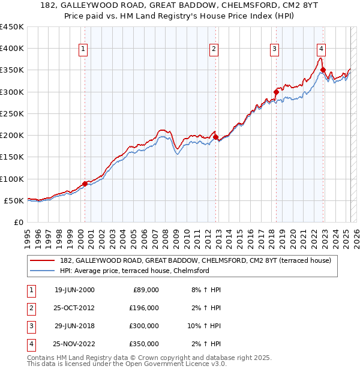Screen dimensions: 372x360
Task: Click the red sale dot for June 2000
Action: point(85,184)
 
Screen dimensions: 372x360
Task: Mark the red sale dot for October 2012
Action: point(216,137)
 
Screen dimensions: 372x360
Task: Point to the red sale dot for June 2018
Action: point(276,92)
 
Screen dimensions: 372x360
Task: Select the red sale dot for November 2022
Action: point(323,70)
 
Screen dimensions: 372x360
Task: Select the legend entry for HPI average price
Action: point(134,271)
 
